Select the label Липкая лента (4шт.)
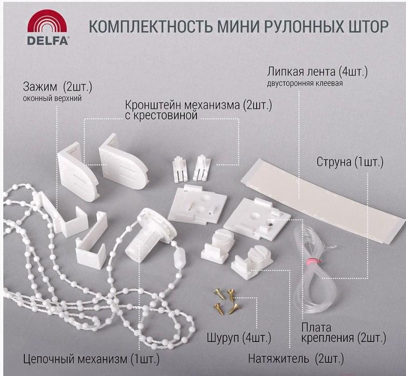(318, 73)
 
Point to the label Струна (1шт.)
(350, 163)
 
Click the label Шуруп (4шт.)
(238, 337)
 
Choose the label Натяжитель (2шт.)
(296, 359)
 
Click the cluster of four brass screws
(224, 299)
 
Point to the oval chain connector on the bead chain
(179, 256)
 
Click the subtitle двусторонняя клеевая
(305, 84)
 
